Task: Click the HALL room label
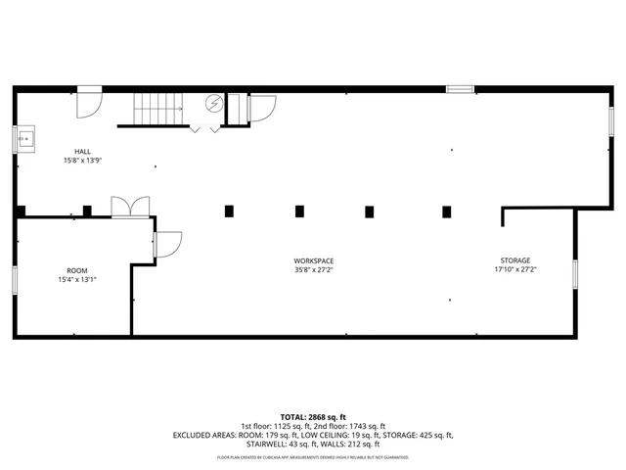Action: click(83, 151)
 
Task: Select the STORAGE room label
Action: click(515, 260)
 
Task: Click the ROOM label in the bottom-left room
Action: click(76, 270)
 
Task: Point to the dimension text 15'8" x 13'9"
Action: click(83, 160)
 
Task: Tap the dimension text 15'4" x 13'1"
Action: click(76, 279)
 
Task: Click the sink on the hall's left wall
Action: click(26, 140)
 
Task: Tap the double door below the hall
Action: click(130, 207)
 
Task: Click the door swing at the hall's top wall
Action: click(89, 101)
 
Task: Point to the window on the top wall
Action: click(460, 89)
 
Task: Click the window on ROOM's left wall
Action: click(15, 278)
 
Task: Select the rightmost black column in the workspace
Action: click(447, 211)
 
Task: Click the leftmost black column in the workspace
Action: click(229, 210)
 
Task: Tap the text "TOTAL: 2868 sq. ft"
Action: click(312, 417)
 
